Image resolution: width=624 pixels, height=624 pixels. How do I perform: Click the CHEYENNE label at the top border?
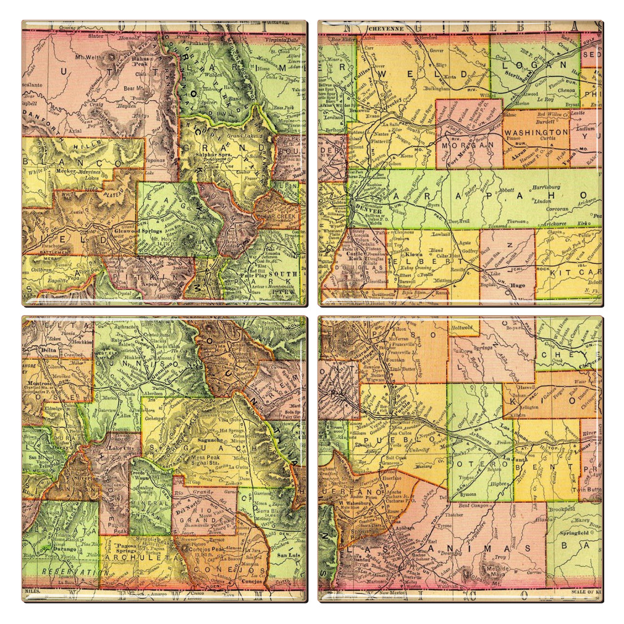[386, 29]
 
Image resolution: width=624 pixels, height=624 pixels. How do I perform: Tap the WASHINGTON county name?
[535, 132]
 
